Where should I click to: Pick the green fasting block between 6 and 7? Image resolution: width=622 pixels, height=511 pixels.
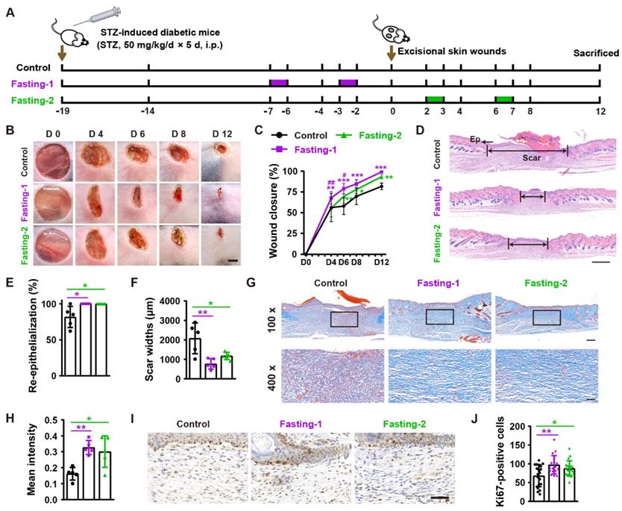[504, 99]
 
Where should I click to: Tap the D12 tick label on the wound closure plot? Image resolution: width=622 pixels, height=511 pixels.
[383, 263]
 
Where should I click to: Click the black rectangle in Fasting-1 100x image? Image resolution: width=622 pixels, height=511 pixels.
[440, 317]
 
